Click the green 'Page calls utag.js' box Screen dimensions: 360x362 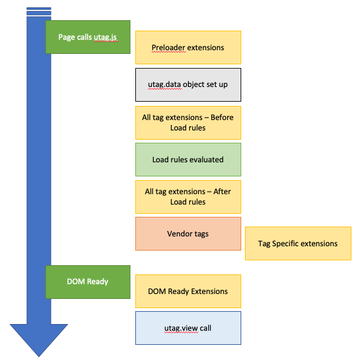88,37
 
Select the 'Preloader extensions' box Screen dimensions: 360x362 188,47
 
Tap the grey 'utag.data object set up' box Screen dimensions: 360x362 188,85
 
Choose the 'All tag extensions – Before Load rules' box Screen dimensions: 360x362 188,123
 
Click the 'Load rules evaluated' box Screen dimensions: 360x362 188,159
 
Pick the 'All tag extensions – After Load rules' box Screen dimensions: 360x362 188,197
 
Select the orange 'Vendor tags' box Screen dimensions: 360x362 188,233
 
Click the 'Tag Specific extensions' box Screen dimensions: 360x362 298,244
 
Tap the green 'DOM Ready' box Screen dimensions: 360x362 88,282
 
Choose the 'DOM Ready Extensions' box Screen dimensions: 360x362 188,291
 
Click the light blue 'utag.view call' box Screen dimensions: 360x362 188,328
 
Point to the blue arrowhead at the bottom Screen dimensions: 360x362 39,339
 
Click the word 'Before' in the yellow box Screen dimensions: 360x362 222,117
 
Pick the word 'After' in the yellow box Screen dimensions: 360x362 222,191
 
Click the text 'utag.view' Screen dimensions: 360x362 181,328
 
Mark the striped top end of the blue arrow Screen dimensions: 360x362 39,12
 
